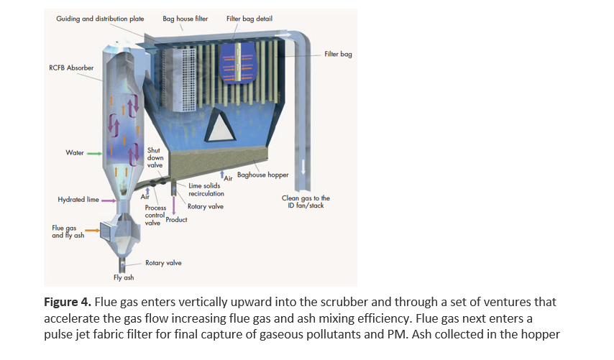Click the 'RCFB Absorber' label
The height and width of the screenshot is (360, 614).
pos(71,68)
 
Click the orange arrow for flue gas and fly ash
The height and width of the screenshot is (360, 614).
pos(93,231)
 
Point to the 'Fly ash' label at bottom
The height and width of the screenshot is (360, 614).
pos(124,277)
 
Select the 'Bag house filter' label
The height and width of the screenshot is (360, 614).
pos(185,19)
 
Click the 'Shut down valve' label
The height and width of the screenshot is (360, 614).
pos(155,157)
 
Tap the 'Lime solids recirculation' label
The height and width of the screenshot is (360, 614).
pos(206,190)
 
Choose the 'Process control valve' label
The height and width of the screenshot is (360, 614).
pos(155,215)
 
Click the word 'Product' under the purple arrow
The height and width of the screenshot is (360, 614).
pos(176,220)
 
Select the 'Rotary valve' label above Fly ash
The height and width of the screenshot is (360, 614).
pos(163,263)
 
